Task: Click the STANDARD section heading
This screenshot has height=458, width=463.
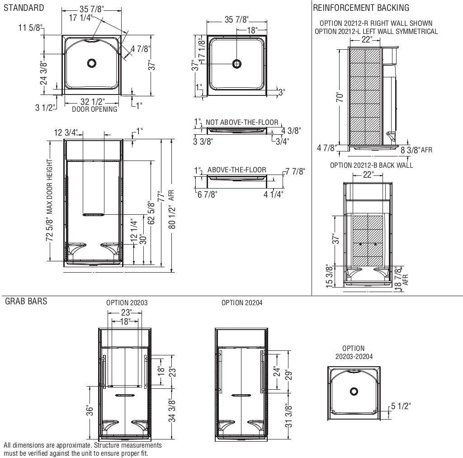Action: (24, 8)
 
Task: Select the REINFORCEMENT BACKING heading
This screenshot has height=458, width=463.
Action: (361, 8)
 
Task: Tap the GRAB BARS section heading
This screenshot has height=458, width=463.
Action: (26, 302)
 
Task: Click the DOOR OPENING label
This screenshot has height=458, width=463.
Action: (94, 109)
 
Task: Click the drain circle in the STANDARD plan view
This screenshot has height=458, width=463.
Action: (92, 63)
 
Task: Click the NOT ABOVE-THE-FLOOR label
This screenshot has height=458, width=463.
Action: (242, 122)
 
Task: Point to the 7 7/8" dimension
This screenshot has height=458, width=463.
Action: (295, 171)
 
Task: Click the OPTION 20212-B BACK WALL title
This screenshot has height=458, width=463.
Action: (371, 165)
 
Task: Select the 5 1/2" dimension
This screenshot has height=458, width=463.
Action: (401, 406)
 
